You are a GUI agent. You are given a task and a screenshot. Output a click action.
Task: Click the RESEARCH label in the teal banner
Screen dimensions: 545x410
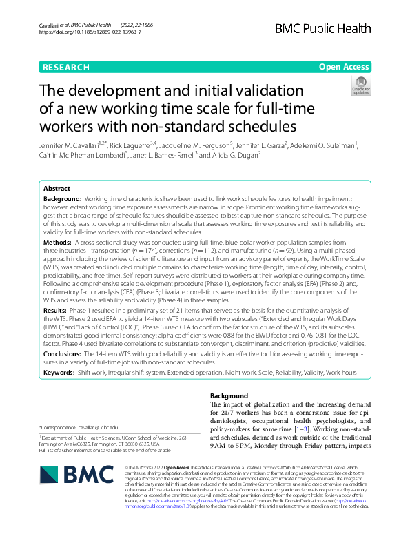(x=65, y=67)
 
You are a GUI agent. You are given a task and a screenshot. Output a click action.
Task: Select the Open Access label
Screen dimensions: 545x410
(x=344, y=67)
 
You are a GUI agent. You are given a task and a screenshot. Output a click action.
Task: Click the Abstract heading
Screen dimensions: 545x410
(x=57, y=188)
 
